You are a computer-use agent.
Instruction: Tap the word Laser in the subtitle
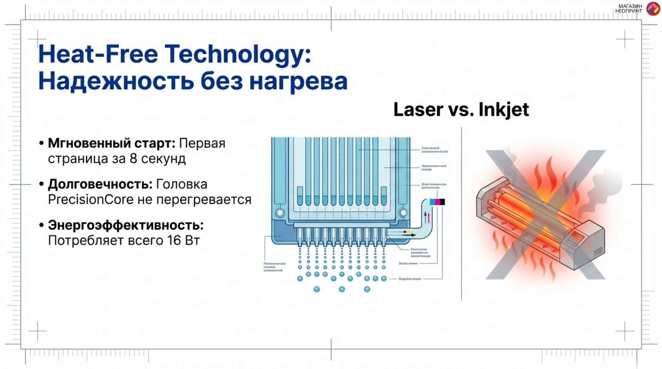pyautogui.click(x=418, y=110)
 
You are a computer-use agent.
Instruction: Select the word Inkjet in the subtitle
pyautogui.click(x=504, y=110)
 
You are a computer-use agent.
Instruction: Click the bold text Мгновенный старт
pyautogui.click(x=112, y=143)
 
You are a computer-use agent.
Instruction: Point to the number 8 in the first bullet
pyautogui.click(x=133, y=159)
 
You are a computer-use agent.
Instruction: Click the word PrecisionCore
pyautogui.click(x=91, y=200)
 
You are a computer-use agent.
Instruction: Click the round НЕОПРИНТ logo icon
pyautogui.click(x=653, y=9)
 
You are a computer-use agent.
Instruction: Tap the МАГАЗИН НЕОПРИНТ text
pyautogui.click(x=628, y=9)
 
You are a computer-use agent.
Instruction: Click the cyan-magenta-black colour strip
pyautogui.click(x=437, y=202)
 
